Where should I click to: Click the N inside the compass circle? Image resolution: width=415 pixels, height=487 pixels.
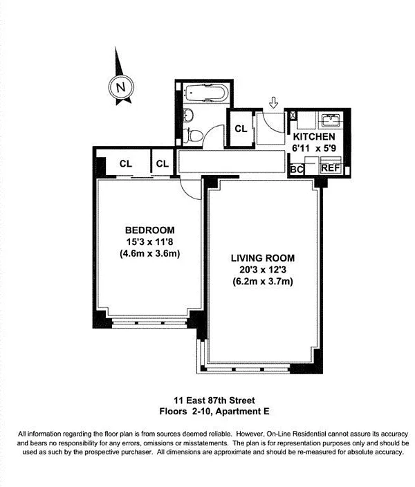point(120,87)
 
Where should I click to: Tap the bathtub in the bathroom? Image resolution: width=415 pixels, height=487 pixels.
point(204,91)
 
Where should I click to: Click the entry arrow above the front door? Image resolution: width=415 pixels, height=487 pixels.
point(274,103)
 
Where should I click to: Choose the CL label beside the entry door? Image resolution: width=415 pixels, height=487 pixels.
point(241,128)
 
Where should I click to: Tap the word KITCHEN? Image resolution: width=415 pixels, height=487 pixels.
point(318,136)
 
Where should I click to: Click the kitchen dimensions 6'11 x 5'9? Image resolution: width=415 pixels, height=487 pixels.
point(318,147)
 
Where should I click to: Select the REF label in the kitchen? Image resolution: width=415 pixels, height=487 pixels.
point(330,168)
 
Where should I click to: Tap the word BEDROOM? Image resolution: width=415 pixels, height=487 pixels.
point(149,230)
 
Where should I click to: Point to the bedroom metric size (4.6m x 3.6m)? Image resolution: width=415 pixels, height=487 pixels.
point(149,253)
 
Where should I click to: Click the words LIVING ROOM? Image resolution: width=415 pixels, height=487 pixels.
point(262,258)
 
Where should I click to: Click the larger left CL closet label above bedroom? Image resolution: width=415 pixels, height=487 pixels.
point(125,164)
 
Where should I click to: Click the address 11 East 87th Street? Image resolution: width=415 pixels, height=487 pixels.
point(214,400)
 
